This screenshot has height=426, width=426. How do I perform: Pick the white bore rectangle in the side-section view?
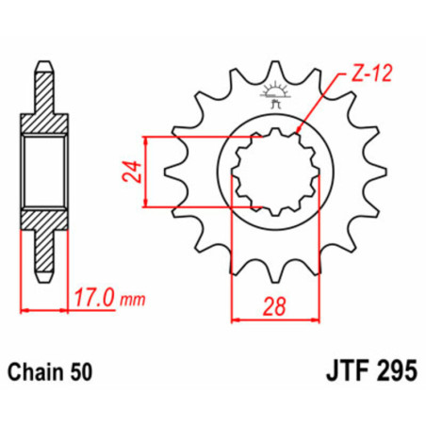pos(42,172)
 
